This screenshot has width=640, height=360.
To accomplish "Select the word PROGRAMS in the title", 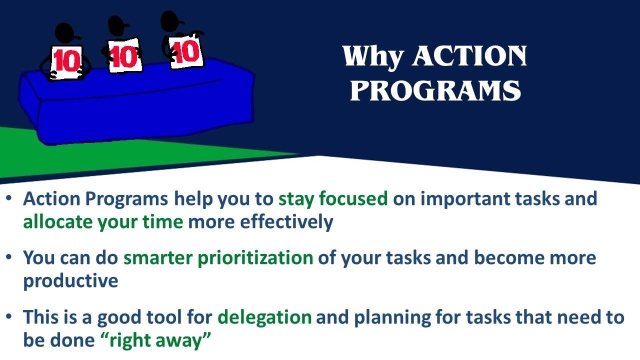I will [x=435, y=91].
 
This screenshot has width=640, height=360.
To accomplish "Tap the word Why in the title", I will [x=372, y=56].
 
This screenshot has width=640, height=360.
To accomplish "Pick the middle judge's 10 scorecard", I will [x=124, y=55].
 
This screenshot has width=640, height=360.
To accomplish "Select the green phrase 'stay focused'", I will [x=333, y=199].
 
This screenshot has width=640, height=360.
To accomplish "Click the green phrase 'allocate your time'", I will [x=103, y=221].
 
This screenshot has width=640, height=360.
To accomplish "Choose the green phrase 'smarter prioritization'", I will [x=218, y=258].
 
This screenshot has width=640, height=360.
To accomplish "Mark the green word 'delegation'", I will [x=264, y=317].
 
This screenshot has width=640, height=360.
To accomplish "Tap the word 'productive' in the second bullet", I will [x=70, y=281].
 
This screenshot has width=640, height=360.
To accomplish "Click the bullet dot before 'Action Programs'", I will [x=9, y=198].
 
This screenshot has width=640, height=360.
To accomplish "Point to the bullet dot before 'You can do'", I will [x=9, y=257].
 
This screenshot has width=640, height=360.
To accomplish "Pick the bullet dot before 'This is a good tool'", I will [x=9, y=316].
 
